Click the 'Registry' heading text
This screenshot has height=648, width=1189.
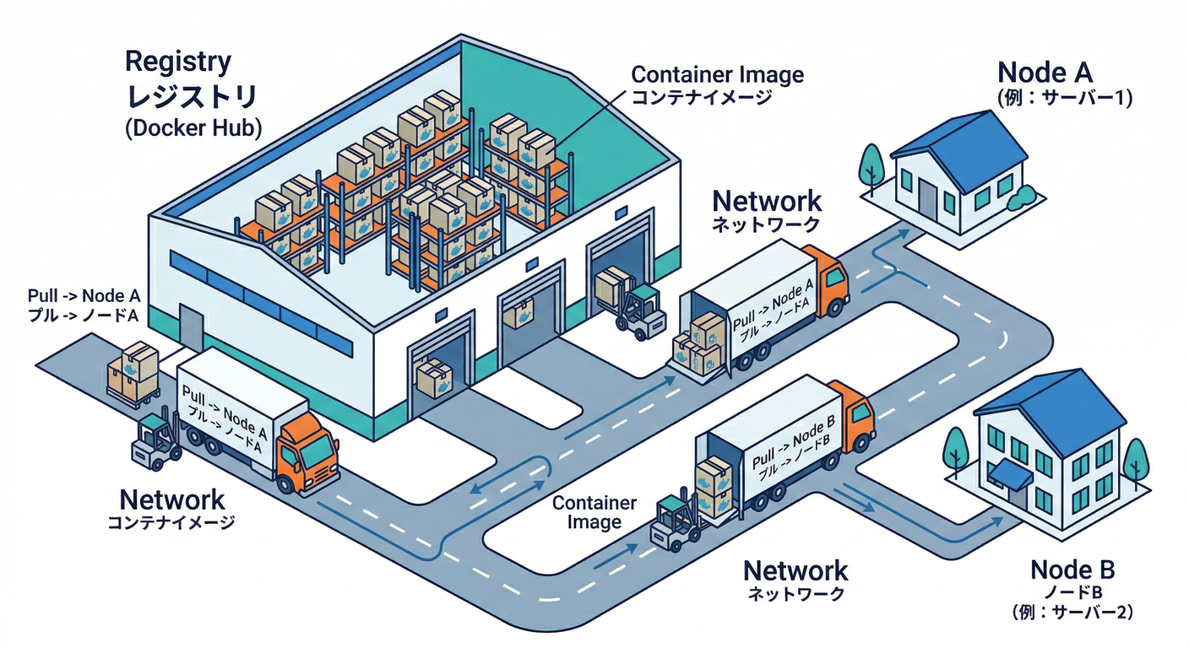[x=177, y=62]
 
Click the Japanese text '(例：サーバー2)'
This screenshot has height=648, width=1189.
[x=1071, y=610]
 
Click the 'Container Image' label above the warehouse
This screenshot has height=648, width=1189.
[x=718, y=74]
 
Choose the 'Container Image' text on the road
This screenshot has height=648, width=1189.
[x=594, y=512]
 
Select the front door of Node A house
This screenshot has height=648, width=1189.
[x=927, y=199]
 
